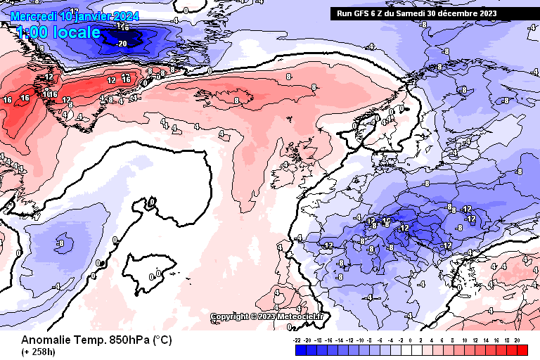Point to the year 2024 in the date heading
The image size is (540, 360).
pyautogui.click(x=126, y=15)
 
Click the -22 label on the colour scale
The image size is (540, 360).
pyautogui.click(x=297, y=340)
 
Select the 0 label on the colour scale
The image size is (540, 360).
pyautogui.click(x=411, y=340)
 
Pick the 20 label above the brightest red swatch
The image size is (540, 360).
pyautogui.click(x=517, y=340)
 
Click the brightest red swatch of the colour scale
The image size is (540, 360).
pyautogui.click(x=522, y=349)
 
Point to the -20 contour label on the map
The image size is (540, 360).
pyautogui.click(x=122, y=43)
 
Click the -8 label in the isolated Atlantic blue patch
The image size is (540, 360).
pyautogui.click(x=60, y=244)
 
